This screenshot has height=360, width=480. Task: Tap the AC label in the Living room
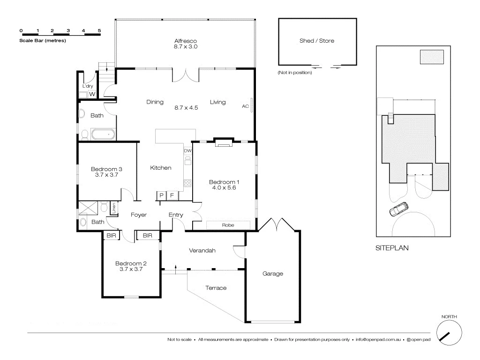pos(245,106)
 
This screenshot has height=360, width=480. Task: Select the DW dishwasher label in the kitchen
pos(187,150)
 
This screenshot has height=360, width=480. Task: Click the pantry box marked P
pos(161,195)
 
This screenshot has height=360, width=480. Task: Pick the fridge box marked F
pos(172,195)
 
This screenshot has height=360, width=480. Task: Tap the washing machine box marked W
pos(92,94)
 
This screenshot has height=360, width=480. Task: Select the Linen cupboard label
pos(114,208)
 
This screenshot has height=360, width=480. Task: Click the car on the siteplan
pos(398,209)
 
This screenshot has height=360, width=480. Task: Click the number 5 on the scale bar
pos(99,30)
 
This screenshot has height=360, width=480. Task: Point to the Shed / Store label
pos(317,41)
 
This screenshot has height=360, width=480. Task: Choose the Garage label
pos(272,274)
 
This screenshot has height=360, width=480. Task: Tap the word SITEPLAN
pos(391,249)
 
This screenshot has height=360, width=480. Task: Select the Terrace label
pos(216,288)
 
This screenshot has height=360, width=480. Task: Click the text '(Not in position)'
pos(294,73)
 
